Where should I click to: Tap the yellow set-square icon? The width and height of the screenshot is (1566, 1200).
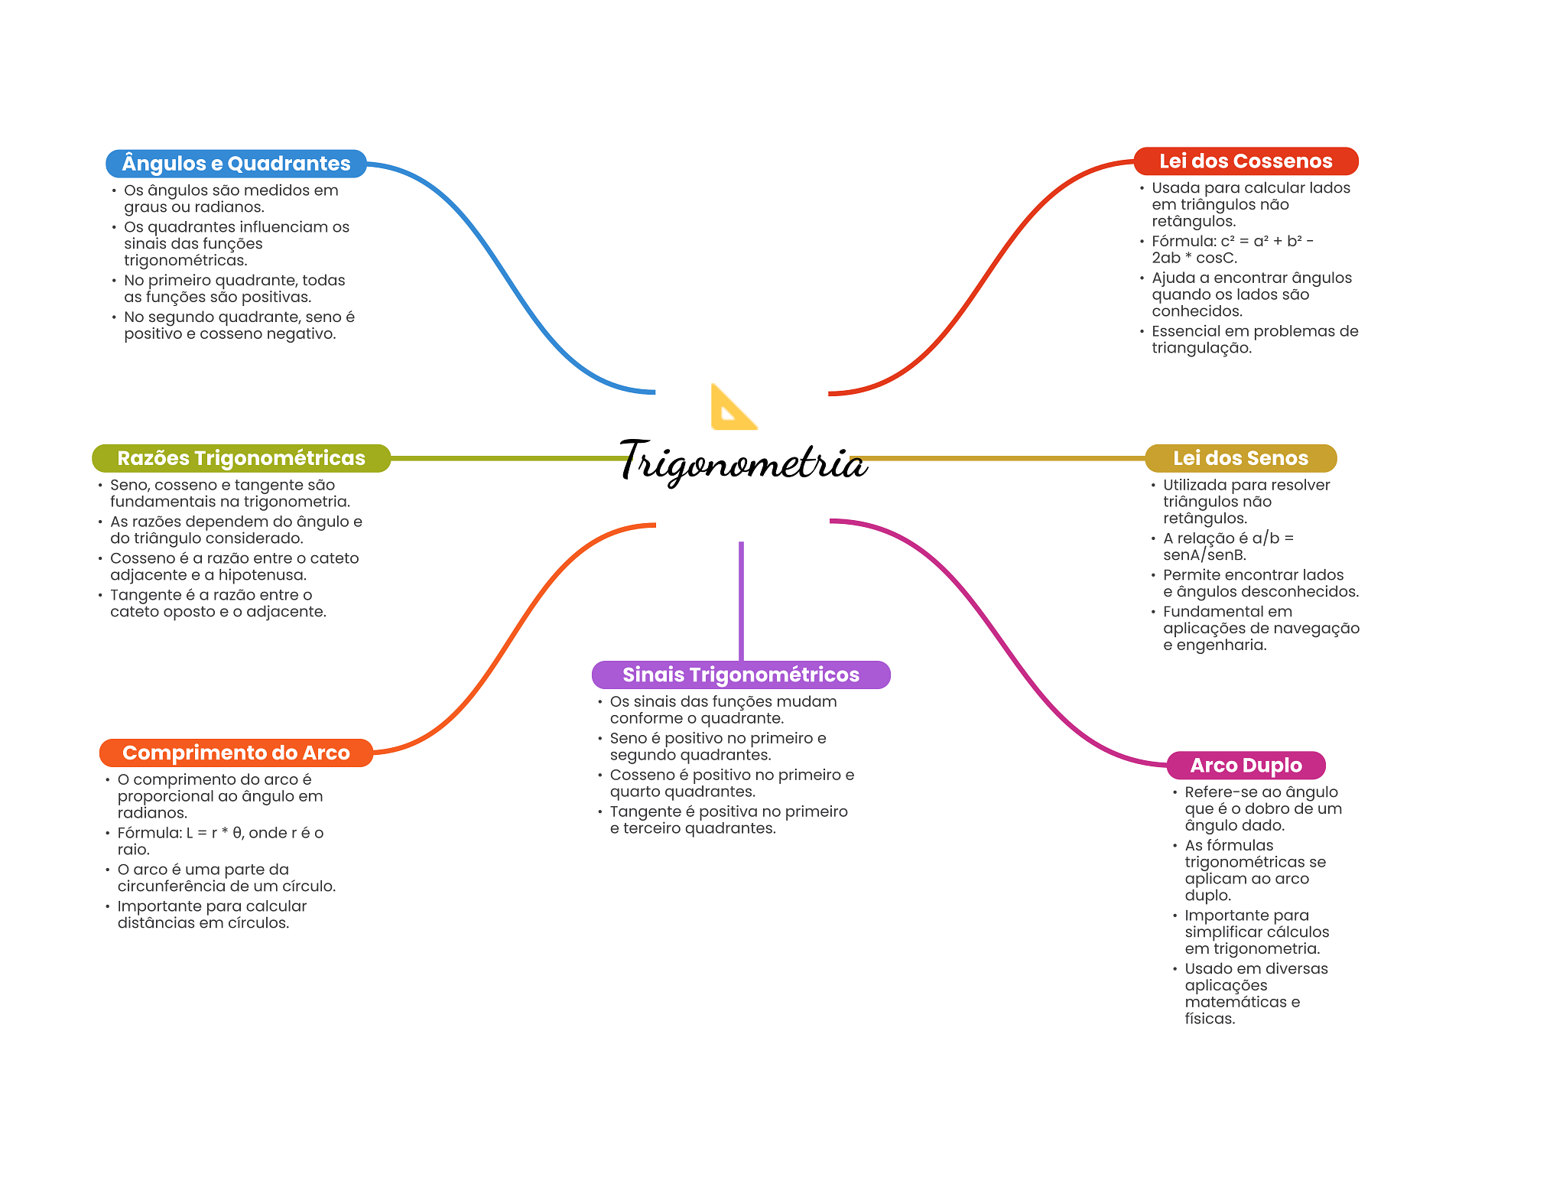(732, 408)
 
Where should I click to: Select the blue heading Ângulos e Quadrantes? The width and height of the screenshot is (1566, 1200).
(236, 164)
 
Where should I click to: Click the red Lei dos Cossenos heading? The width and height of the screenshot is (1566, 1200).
(1245, 161)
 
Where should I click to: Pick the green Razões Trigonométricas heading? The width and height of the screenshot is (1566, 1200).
(241, 458)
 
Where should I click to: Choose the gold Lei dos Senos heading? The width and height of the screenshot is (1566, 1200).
(1240, 458)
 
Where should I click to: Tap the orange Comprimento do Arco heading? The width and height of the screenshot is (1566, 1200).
(236, 753)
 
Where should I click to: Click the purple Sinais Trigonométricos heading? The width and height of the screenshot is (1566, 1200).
(740, 675)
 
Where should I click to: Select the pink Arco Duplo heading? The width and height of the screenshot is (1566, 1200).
(1246, 765)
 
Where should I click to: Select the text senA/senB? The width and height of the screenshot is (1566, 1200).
(1204, 555)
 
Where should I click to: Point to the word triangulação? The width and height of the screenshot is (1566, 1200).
(1201, 348)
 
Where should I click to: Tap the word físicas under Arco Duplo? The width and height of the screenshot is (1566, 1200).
(1209, 1019)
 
